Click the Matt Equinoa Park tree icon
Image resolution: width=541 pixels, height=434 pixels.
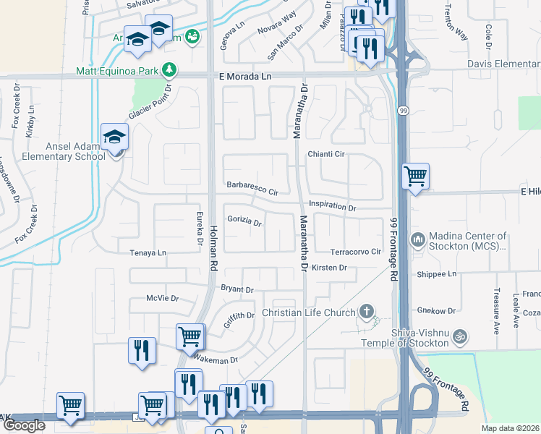tap(169, 69)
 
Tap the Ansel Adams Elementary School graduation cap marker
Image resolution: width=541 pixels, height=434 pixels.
tap(114, 136)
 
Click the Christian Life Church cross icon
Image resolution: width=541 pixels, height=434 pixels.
tap(367, 312)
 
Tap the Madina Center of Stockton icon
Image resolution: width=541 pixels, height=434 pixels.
tap(418, 239)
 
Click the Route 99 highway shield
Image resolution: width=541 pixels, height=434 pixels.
tap(402, 109)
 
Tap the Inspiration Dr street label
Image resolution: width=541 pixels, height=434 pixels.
tap(333, 206)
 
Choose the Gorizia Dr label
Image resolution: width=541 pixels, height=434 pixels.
tap(244, 221)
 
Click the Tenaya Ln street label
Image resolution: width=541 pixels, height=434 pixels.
tap(148, 252)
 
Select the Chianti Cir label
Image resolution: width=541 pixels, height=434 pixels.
tap(328, 154)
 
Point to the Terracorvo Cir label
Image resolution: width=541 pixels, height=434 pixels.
tap(354, 252)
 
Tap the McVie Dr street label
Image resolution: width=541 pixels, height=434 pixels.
tap(162, 298)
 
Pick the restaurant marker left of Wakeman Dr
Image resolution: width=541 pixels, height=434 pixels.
tap(141, 350)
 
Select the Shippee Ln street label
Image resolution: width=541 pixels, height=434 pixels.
tap(437, 274)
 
